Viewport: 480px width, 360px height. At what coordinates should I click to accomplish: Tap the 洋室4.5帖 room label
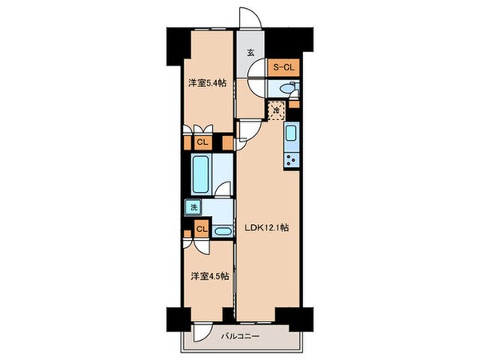coord(210,276)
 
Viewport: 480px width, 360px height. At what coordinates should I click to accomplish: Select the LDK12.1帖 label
coord(267,227)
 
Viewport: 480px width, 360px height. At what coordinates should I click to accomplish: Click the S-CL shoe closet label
coord(284,68)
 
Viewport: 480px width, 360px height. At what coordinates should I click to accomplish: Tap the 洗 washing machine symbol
coord(193,208)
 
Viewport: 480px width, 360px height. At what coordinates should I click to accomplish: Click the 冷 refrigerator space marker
coord(277,110)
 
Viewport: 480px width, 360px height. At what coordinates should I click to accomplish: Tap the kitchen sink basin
coord(290,134)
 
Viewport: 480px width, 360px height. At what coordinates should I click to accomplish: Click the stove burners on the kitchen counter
coord(290,158)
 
